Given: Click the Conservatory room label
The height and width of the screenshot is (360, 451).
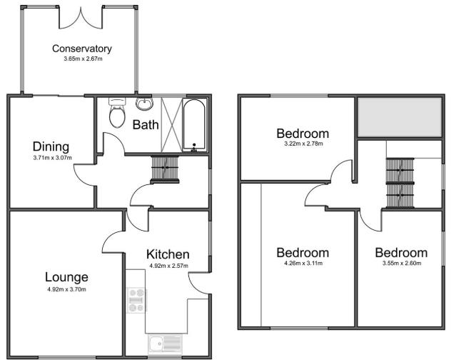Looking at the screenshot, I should pos(82,49).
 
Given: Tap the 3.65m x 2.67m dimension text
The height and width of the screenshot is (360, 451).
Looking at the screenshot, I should pos(82,59).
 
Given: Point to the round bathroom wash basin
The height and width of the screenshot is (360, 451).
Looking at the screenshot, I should pos(145,105).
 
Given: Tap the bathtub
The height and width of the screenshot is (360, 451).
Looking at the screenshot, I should pos(194,125).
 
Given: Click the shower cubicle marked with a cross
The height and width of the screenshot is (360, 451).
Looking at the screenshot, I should pos(171,124).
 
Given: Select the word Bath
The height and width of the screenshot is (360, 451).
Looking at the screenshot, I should pos(146,124).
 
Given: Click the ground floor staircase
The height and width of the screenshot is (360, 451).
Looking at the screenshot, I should pos(163,170).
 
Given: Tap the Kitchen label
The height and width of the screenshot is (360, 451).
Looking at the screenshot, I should pos(168,254).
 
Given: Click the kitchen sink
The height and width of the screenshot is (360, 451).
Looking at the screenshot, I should pos(164,344).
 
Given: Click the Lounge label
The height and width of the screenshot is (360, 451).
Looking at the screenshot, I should pos(66,277).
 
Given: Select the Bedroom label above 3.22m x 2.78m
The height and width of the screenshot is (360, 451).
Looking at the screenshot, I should pos(303,134).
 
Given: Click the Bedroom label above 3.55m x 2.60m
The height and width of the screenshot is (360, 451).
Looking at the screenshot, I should pos(401,253).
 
